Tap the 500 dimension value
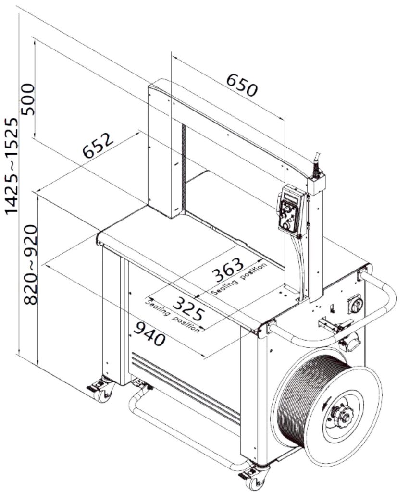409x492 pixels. tap(27, 98)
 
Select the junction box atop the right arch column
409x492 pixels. tap(316, 184)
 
